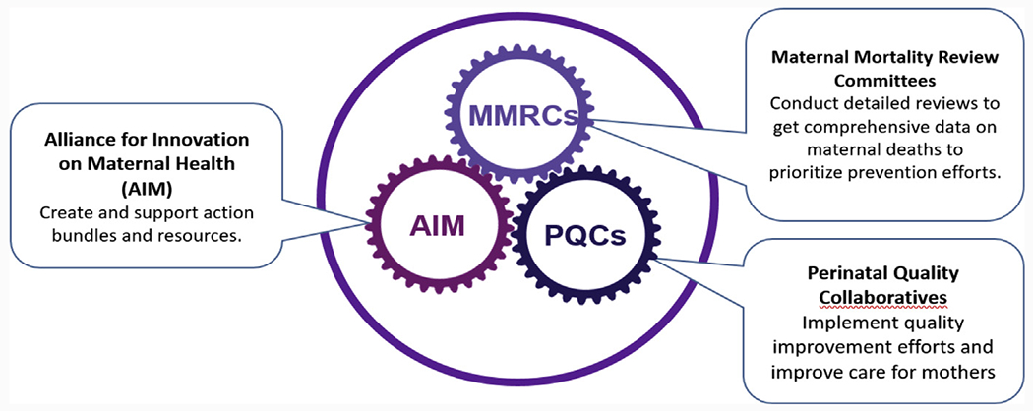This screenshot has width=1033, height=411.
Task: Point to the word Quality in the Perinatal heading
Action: click(930, 270)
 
